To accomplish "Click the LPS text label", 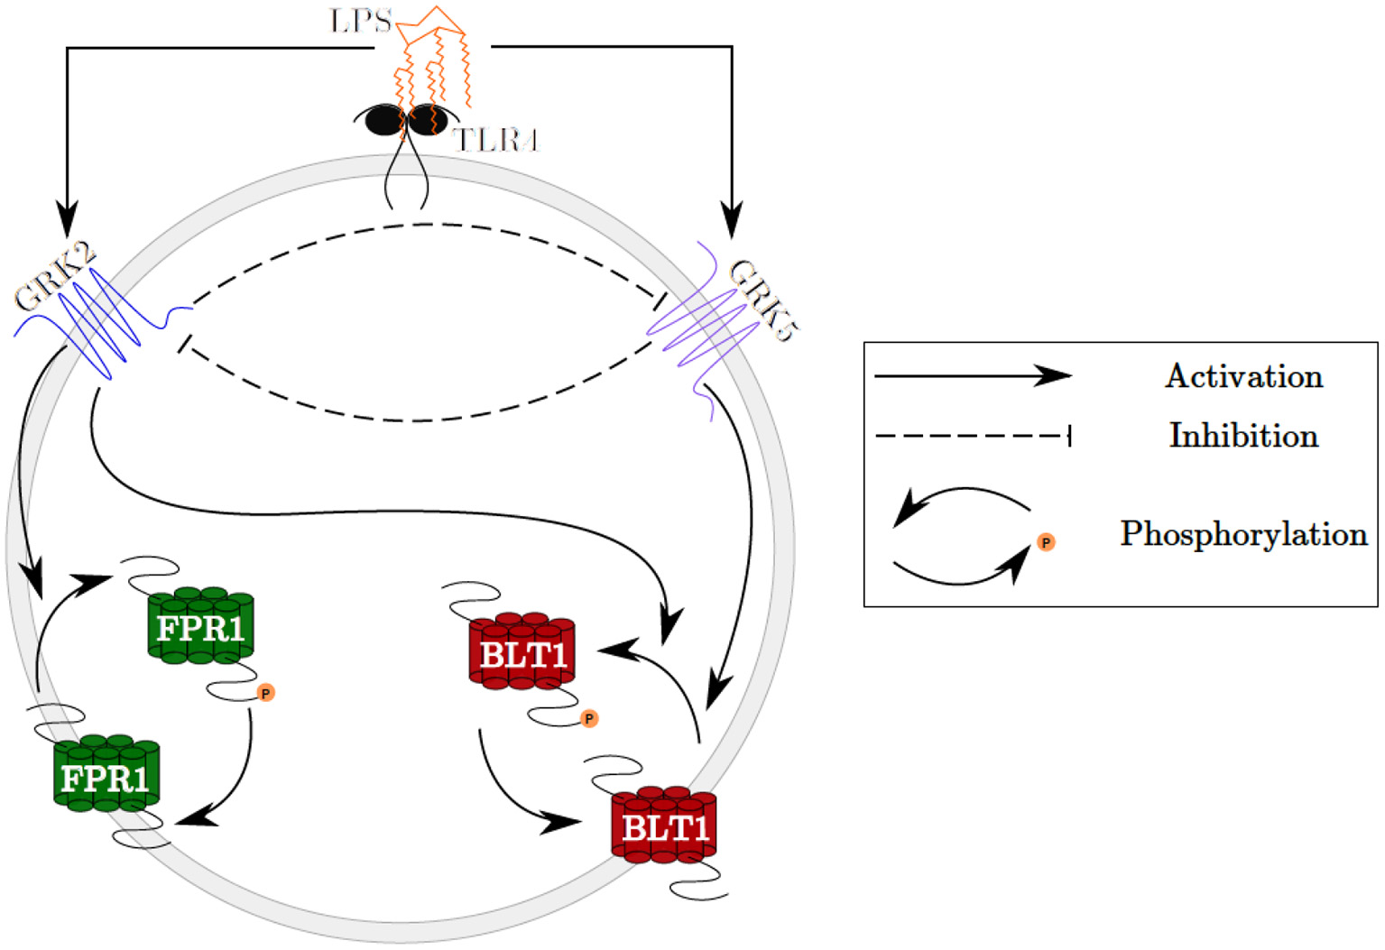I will pyautogui.click(x=360, y=21).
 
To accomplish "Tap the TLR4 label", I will pyautogui.click(x=495, y=141).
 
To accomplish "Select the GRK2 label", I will pyautogui.click(x=54, y=277).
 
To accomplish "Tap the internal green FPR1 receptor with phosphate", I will pyautogui.click(x=200, y=626).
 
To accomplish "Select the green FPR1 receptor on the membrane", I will pyautogui.click(x=106, y=776).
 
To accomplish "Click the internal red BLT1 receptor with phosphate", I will pyautogui.click(x=522, y=652).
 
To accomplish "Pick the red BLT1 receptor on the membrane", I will pyautogui.click(x=664, y=825).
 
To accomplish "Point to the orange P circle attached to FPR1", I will pyautogui.click(x=265, y=693).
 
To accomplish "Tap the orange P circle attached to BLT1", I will pyautogui.click(x=589, y=719).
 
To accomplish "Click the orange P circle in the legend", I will pyautogui.click(x=1046, y=542).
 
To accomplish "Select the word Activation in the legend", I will pyautogui.click(x=1243, y=376).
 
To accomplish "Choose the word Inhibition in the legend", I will pyautogui.click(x=1243, y=436).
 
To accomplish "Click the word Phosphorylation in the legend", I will pyautogui.click(x=1243, y=534).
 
